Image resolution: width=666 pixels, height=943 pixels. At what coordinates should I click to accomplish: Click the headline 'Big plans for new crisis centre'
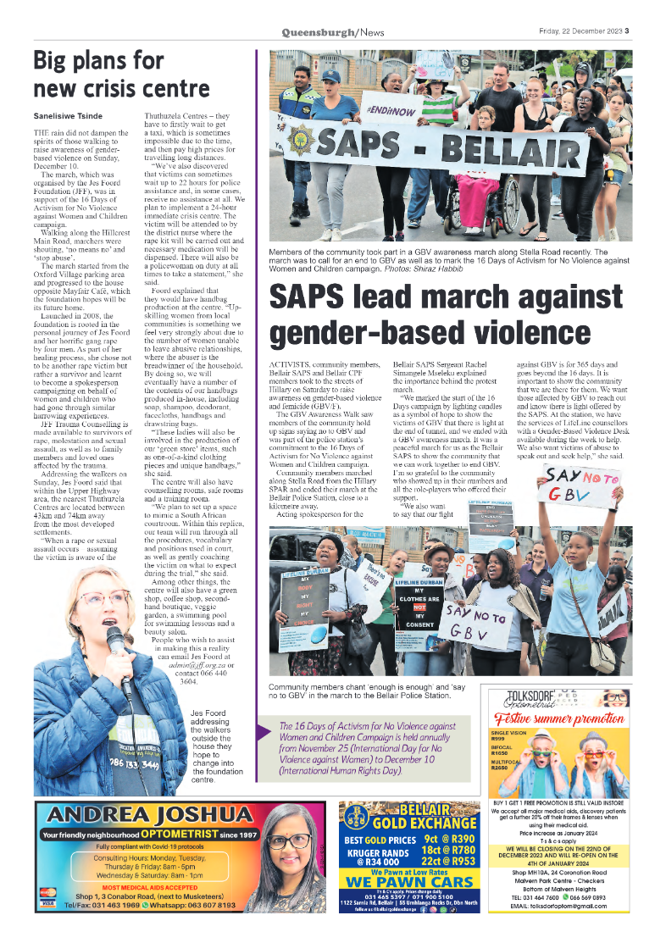(121, 75)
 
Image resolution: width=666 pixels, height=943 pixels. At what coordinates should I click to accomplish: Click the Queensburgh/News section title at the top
(333, 33)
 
